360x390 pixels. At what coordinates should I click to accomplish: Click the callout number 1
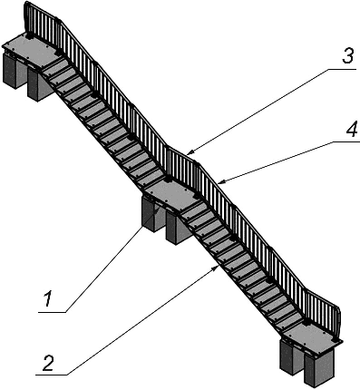click(48, 298)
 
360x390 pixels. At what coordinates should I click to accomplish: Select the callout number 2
click(48, 363)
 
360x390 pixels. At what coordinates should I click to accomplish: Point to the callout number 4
click(351, 129)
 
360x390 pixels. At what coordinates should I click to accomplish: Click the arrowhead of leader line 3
click(190, 152)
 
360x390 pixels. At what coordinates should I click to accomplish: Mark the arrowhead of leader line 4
click(221, 181)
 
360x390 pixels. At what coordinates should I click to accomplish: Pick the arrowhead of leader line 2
click(216, 268)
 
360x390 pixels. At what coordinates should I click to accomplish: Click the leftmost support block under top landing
click(12, 70)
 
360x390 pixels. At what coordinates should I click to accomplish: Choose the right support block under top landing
click(39, 84)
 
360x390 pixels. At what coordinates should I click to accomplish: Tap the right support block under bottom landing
click(319, 369)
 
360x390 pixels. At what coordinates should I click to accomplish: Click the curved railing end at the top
click(28, 15)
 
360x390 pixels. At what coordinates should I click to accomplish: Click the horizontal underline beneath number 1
click(52, 312)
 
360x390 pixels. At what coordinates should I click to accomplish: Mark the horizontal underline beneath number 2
click(52, 375)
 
